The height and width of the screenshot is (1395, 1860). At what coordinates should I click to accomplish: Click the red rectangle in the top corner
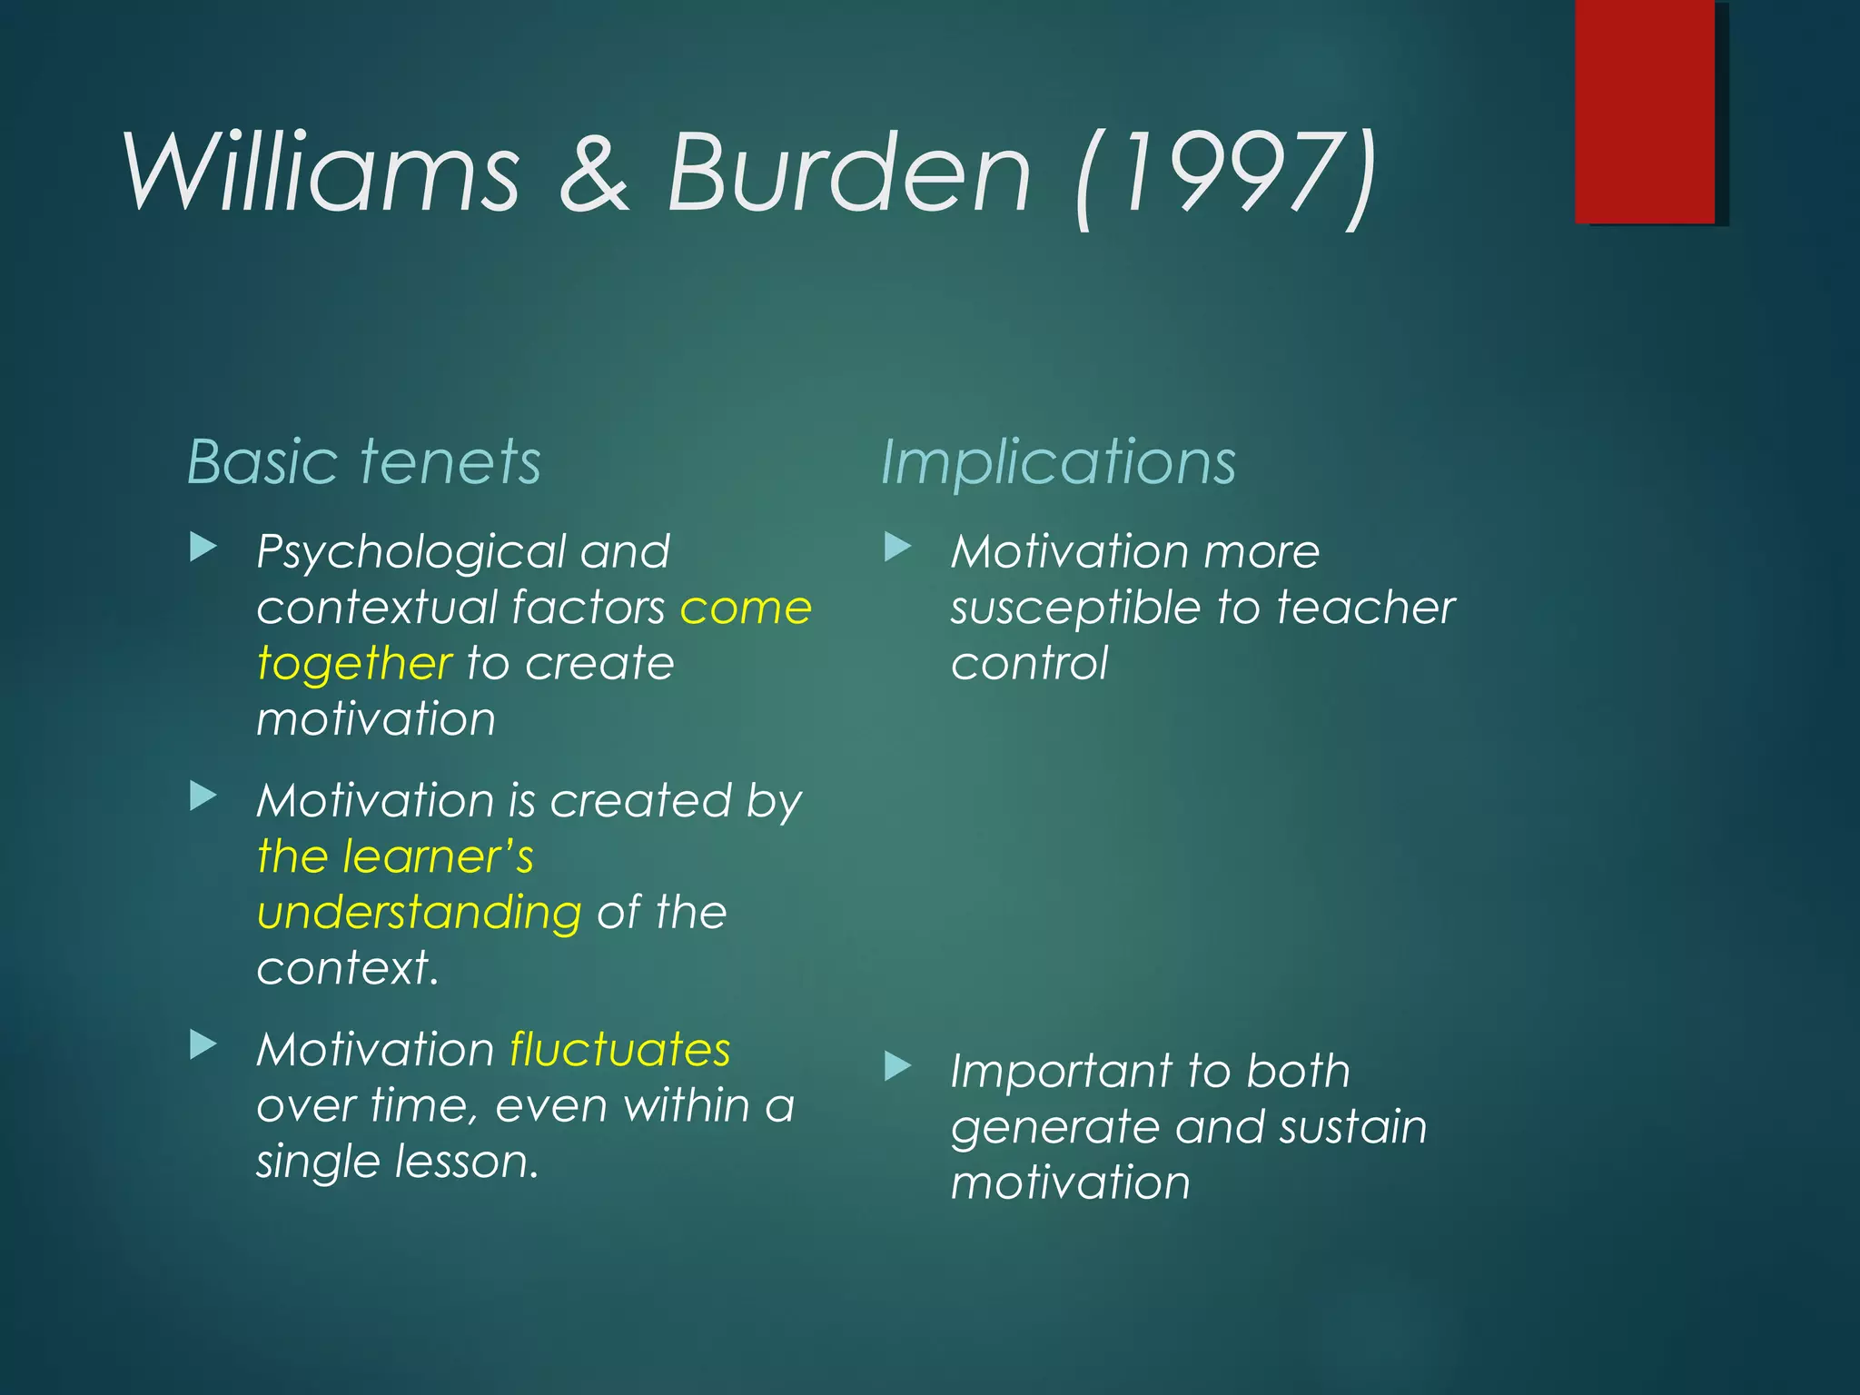pos(1645,111)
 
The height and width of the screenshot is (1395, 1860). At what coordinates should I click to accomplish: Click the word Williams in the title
pos(322,173)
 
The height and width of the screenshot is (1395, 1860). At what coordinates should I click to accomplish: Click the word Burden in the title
pos(849,173)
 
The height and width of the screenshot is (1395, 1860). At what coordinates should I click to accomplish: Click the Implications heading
pos(1058,463)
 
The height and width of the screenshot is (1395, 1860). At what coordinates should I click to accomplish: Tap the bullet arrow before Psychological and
pos(203,547)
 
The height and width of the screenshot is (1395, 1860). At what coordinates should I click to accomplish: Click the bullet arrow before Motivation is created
pos(203,796)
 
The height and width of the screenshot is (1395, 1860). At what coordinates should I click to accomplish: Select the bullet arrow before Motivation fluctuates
pos(203,1045)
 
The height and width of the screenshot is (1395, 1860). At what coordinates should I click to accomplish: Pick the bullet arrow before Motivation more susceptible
pos(897,547)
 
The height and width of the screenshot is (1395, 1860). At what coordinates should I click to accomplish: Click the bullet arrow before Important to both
pos(897,1066)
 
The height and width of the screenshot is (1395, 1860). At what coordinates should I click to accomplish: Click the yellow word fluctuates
pos(619,1050)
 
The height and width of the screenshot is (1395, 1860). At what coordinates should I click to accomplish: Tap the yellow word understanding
pos(419,914)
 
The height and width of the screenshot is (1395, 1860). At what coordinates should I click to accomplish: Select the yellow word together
pos(354,664)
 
